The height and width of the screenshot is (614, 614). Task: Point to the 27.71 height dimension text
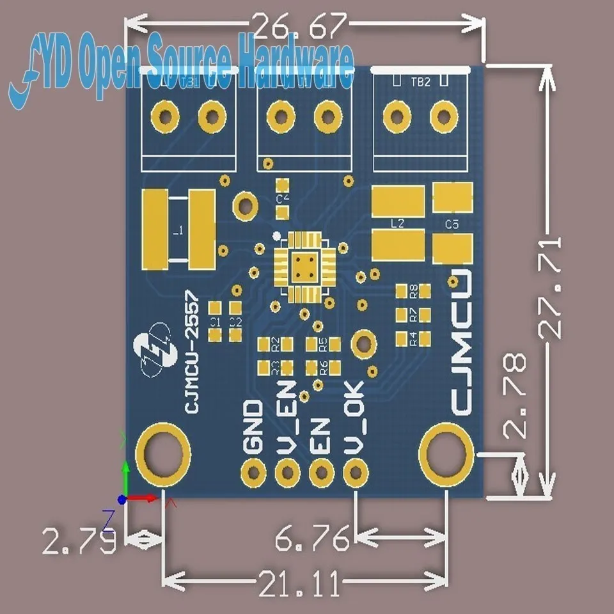pyautogui.click(x=550, y=287)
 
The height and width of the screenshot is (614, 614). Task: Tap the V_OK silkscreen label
pyautogui.click(x=353, y=418)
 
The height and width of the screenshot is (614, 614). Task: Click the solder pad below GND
pyautogui.click(x=253, y=473)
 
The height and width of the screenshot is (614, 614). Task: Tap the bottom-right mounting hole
pyautogui.click(x=446, y=455)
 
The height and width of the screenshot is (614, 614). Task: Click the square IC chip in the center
pyautogui.click(x=304, y=267)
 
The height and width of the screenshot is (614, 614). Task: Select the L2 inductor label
pyautogui.click(x=397, y=224)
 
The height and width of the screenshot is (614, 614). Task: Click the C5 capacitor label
pyautogui.click(x=452, y=224)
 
